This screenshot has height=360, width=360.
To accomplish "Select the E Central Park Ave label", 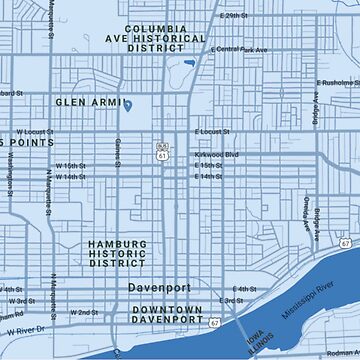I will (239, 49).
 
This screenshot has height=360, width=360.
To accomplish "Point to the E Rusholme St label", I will (337, 83).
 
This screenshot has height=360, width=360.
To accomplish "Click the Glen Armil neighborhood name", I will (87, 102).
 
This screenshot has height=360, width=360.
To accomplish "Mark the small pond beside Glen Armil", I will (127, 105).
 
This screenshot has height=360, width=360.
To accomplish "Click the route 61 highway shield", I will (162, 156).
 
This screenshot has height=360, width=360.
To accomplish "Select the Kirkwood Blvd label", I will (217, 155).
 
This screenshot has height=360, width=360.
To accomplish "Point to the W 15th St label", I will (70, 166).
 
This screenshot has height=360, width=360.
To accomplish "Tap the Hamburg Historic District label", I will (117, 254).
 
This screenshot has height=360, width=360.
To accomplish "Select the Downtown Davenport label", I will (167, 316).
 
